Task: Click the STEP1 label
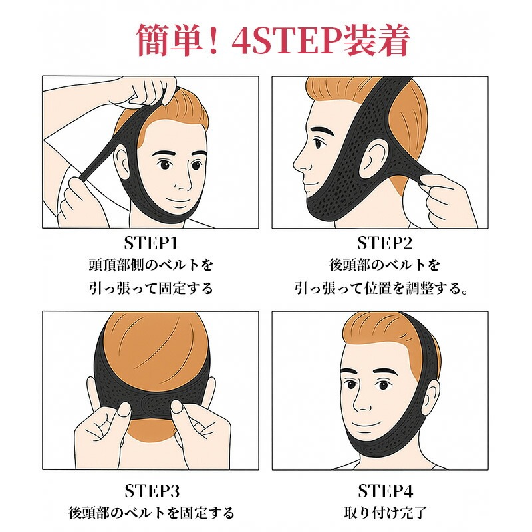(151, 243)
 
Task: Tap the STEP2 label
(385, 243)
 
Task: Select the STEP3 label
(152, 491)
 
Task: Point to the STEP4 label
(386, 491)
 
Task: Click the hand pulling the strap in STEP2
(441, 200)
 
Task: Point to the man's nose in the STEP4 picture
(360, 400)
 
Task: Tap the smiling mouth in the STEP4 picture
(364, 424)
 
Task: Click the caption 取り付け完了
(386, 513)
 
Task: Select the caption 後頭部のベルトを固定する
(152, 513)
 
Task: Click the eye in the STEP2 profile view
(318, 143)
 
